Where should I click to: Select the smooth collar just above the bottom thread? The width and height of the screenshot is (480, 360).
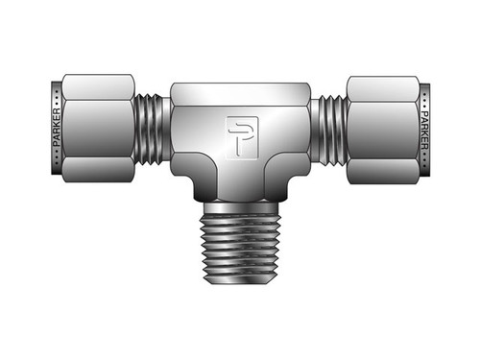coord(240,198)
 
